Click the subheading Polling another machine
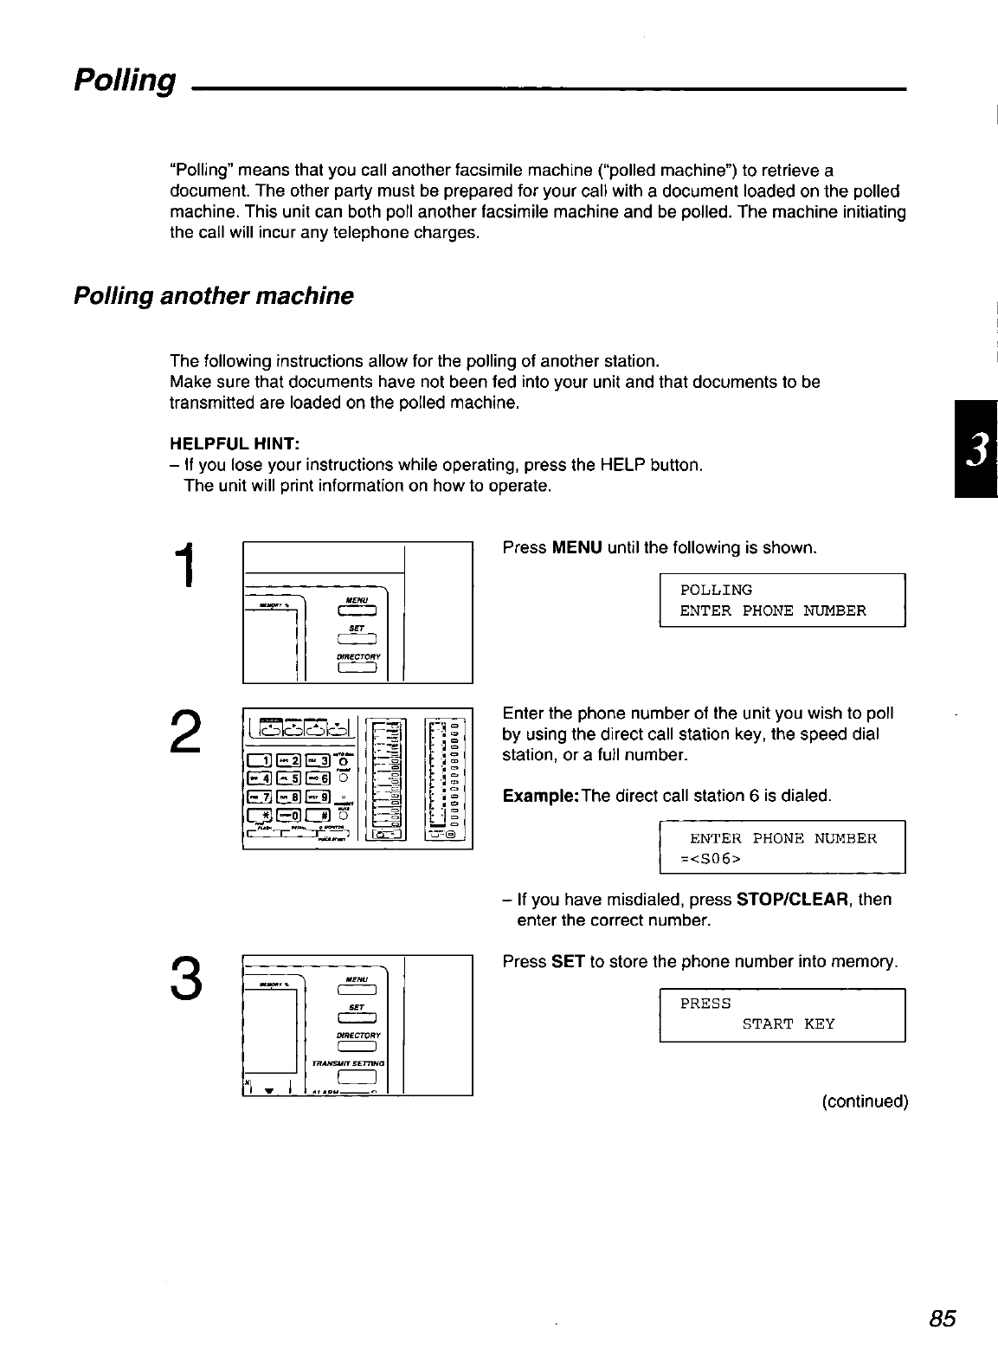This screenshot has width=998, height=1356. (x=214, y=296)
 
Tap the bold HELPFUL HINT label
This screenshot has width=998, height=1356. (x=235, y=443)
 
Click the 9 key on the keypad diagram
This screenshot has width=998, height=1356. (x=318, y=796)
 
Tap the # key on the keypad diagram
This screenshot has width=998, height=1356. (x=318, y=816)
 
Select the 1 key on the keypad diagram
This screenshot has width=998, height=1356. (x=261, y=761)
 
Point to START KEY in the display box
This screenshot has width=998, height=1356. (x=789, y=1024)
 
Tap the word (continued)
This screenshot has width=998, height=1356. (x=865, y=1101)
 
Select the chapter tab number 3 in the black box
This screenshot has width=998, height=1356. (x=975, y=449)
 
